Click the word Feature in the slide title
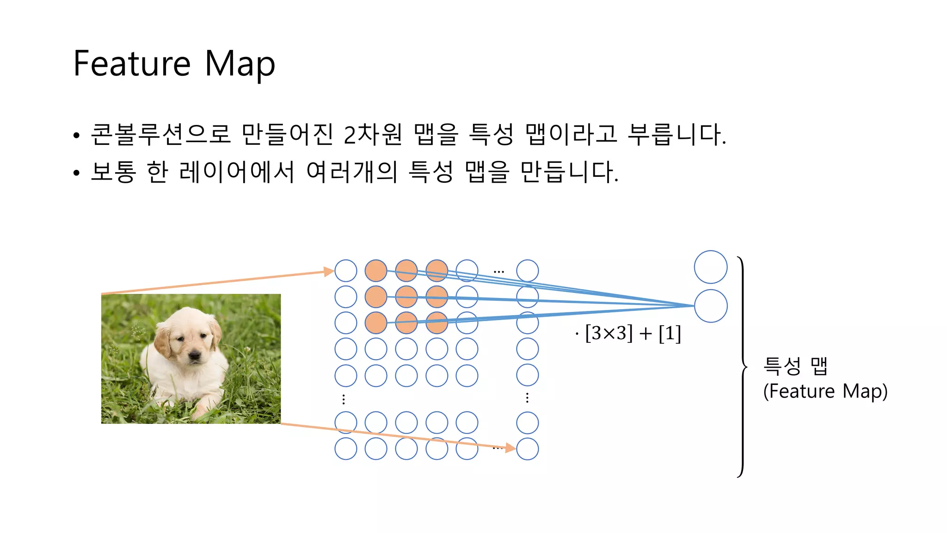coord(132,64)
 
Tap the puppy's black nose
coord(195,355)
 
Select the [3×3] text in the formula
coord(609,333)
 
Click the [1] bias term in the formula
coord(670,333)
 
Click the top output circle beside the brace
coord(711,267)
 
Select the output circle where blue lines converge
coord(711,306)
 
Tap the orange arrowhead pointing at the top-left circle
coord(329,271)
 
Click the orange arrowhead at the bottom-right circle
coord(510,447)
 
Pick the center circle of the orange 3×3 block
coord(406,297)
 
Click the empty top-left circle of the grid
coord(346,271)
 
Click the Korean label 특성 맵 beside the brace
coord(795,366)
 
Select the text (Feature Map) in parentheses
coord(825,391)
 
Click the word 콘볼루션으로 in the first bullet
coord(160,134)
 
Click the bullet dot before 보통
coord(76,173)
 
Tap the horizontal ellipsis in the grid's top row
coord(498,272)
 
